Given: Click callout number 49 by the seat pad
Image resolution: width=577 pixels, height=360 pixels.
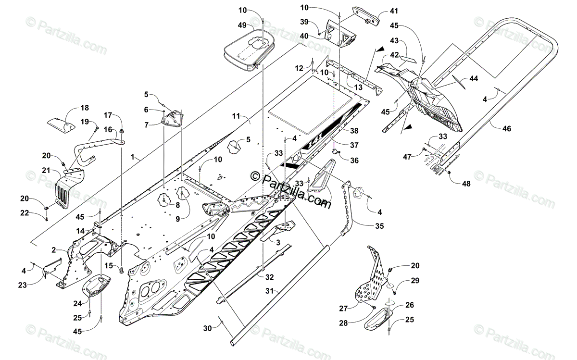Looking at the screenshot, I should (242, 25).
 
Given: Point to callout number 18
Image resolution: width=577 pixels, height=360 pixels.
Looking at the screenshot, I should (85, 108).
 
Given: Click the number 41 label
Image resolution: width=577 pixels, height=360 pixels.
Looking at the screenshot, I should (394, 10).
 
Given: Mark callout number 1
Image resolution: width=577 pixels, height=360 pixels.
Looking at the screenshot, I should (132, 157).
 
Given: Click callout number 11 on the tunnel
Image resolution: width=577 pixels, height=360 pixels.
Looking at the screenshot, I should (235, 116).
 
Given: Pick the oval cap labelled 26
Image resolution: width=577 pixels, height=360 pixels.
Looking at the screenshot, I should (376, 319).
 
